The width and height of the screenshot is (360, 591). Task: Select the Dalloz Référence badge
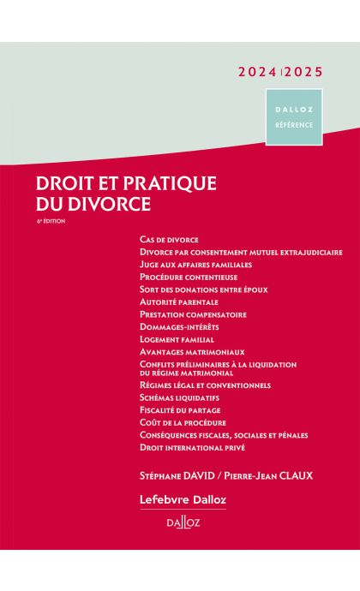293,116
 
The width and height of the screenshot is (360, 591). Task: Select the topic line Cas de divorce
168,240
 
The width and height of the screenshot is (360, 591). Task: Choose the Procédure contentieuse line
188,277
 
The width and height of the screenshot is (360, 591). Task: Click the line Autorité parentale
178,301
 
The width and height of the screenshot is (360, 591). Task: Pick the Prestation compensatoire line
192,314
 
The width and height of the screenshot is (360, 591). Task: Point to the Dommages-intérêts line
178,326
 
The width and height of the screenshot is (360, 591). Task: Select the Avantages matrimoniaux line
191,351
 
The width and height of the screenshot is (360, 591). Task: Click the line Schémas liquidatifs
178,397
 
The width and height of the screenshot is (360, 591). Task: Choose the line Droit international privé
191,447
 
